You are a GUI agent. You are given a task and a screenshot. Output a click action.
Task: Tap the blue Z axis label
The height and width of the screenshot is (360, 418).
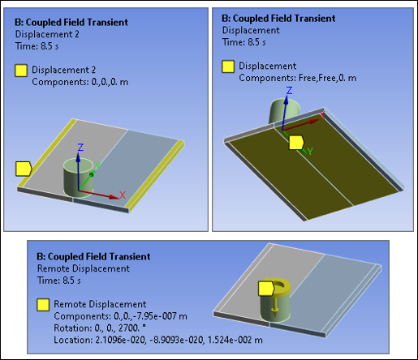tap(80, 147)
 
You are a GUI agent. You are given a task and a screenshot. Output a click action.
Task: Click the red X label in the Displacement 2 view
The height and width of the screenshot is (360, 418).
tap(122, 195)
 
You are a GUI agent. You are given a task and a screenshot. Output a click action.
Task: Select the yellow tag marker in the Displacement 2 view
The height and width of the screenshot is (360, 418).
tap(23, 169)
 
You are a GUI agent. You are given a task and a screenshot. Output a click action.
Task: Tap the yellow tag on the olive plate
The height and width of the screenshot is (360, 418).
tap(297, 143)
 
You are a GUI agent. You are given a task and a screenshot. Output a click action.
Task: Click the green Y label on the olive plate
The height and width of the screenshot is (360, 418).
tap(308, 151)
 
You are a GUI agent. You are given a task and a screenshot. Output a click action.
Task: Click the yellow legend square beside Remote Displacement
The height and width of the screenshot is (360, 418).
tap(43, 305)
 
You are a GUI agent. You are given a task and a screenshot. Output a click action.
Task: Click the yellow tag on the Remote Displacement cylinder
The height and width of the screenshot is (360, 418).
tap(265, 289)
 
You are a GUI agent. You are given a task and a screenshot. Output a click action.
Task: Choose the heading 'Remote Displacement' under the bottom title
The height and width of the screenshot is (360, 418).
tap(84, 268)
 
